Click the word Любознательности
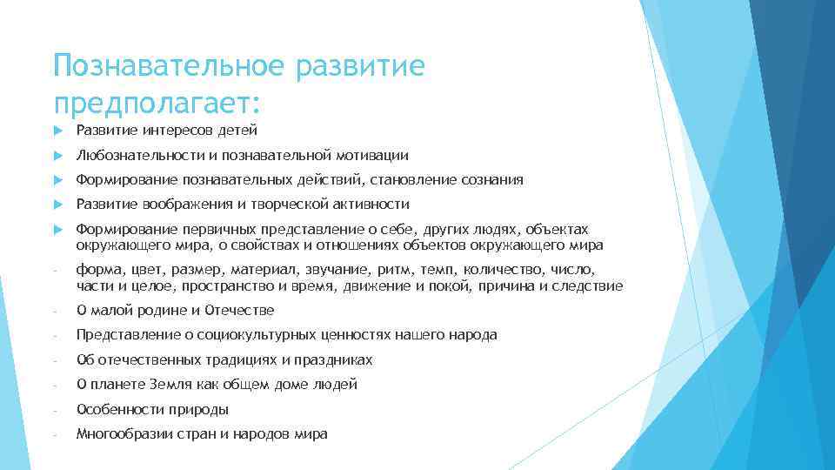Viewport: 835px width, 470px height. coord(131,156)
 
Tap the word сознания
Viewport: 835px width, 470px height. coord(492,180)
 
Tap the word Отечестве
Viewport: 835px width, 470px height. coord(243,311)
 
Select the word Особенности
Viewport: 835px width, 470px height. coord(116,409)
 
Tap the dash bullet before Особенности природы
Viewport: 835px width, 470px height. coord(55,410)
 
